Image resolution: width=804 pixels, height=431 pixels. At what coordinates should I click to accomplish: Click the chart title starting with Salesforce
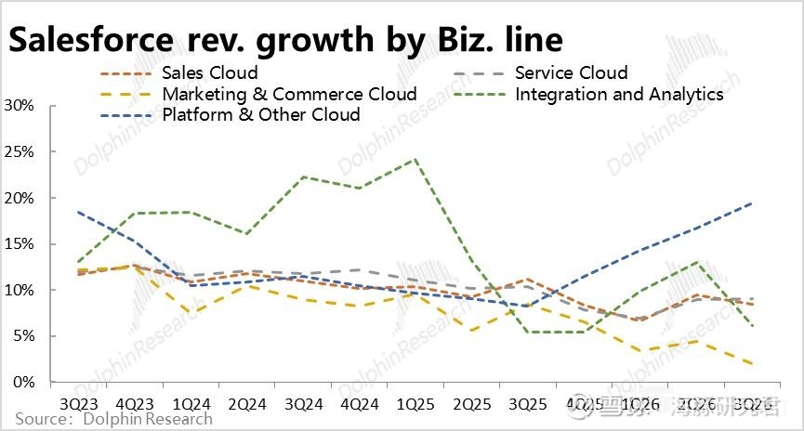[x=285, y=40]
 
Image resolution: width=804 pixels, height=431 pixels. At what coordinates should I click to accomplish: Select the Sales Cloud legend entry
[x=209, y=72]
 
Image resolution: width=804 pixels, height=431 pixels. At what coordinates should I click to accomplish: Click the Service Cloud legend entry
[x=571, y=72]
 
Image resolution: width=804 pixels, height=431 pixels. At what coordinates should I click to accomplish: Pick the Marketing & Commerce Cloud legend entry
[x=289, y=94]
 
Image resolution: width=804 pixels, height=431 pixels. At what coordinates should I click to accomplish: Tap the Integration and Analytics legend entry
[x=618, y=94]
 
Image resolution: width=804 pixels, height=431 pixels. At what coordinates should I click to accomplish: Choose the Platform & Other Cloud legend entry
[x=260, y=114]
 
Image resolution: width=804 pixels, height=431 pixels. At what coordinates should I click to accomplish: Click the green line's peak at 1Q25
[x=415, y=159]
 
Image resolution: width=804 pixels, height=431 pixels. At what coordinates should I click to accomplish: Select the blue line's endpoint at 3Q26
[x=752, y=203]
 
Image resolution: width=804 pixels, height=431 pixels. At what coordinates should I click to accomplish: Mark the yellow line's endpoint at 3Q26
[x=752, y=363]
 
